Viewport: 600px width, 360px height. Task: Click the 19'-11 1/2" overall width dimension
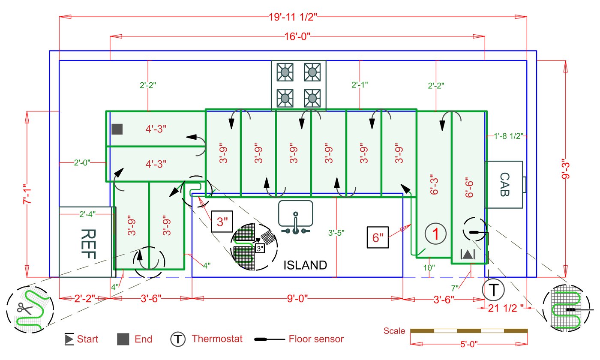(293, 17)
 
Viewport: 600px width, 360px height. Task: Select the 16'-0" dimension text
(297, 36)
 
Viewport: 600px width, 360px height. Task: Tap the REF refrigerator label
(88, 244)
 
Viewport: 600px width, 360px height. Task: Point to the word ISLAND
(305, 265)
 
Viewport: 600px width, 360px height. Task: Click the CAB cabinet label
(505, 184)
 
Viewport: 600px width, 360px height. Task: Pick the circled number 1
(435, 234)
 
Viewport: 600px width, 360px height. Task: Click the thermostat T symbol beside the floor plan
(493, 290)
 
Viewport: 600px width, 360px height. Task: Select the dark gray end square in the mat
(117, 129)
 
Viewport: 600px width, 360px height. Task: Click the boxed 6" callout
(378, 237)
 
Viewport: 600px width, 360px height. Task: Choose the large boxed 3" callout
(222, 222)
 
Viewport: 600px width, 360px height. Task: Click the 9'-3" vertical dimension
(565, 169)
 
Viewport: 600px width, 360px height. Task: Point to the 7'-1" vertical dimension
(27, 194)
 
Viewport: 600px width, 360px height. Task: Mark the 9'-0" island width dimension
(297, 298)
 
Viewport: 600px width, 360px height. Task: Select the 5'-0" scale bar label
(469, 344)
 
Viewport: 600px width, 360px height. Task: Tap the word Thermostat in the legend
(217, 339)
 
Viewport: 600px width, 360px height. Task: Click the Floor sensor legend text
(316, 339)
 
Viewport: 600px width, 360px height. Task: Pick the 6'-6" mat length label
(469, 188)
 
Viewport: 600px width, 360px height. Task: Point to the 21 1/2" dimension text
(505, 308)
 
